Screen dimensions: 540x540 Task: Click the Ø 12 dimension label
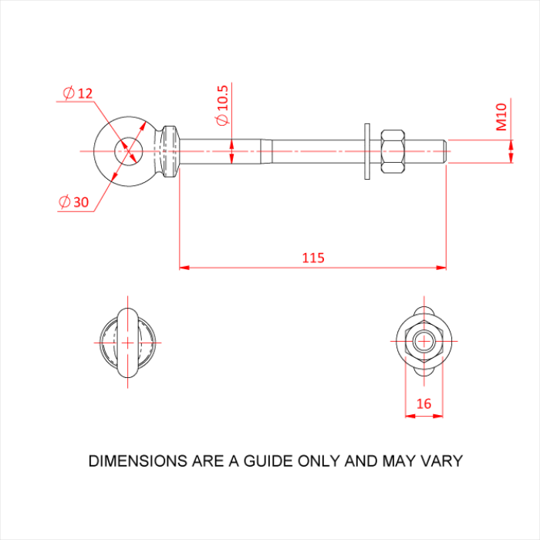78,93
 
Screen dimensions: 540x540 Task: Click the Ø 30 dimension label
74,202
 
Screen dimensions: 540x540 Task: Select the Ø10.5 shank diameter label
222,106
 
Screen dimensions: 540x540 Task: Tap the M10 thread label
501,117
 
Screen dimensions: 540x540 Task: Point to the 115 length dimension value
313,258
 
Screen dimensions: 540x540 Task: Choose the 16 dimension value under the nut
424,403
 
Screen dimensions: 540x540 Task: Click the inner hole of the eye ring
129,151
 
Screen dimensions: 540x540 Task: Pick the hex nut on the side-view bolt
393,151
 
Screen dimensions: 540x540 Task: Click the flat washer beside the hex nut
367,151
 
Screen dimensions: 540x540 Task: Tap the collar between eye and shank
170,151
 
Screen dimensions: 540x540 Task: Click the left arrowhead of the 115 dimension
184,268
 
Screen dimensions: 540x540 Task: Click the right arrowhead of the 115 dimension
441,268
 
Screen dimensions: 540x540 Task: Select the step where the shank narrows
266,151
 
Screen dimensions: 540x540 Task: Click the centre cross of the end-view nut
424,341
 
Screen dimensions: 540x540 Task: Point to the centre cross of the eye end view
128,343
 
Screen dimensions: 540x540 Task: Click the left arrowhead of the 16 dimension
410,416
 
